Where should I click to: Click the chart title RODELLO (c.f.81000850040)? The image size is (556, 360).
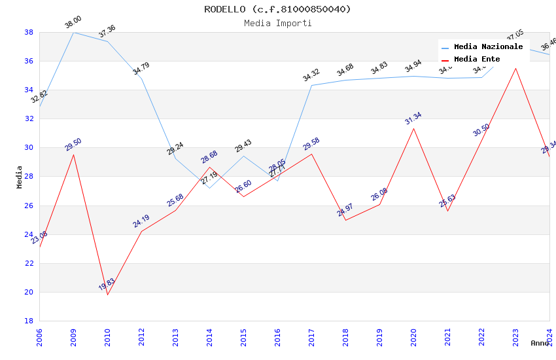point(277,9)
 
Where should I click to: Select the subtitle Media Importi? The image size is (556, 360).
point(277,24)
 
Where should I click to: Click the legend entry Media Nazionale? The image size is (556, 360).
point(488,47)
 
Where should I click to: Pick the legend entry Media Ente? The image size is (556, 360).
point(477,60)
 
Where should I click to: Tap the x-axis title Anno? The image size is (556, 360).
point(540,343)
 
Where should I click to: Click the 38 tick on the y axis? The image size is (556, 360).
point(29,32)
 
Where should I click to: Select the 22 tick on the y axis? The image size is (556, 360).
point(29,263)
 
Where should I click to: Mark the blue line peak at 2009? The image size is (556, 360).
point(73,32)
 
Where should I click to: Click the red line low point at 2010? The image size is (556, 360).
point(107,295)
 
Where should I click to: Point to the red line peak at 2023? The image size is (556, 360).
point(515,68)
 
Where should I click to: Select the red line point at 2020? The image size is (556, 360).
point(413,128)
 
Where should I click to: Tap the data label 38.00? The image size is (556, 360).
point(73,24)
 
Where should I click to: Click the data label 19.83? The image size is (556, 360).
point(107,284)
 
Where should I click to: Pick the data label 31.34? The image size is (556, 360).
point(413,118)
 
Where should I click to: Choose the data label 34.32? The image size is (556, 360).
point(311,75)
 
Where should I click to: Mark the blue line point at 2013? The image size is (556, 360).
point(175,158)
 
